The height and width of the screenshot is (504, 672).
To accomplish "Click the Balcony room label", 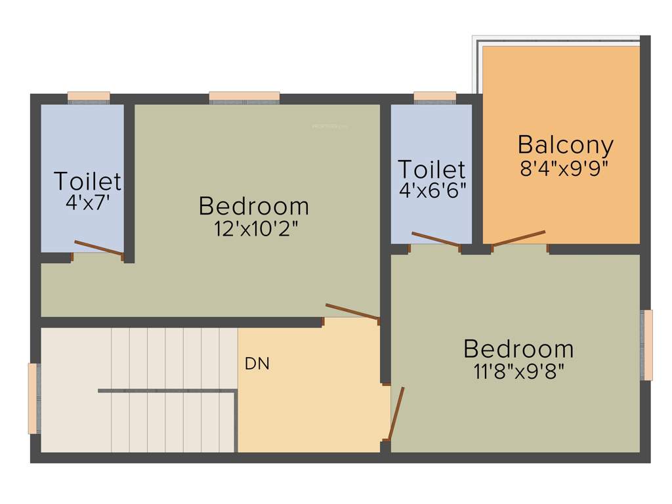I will click(x=565, y=145).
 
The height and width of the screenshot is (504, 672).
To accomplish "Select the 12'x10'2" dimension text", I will click(x=254, y=228).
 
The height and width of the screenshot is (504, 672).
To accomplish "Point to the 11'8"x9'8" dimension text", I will click(x=518, y=371).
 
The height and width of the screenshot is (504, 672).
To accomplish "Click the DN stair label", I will click(x=257, y=364).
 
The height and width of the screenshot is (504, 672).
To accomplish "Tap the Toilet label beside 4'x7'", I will click(x=87, y=181).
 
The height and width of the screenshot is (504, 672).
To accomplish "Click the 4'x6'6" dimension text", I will click(x=432, y=190).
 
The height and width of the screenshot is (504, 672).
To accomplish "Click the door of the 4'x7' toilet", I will click(x=98, y=248).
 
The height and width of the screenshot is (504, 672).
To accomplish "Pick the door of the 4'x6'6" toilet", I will click(x=435, y=240).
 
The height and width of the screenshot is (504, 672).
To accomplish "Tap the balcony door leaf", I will click(x=518, y=238).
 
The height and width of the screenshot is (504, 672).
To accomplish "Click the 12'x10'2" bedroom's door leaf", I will click(x=352, y=312).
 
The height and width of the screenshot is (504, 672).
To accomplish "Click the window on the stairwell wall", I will click(x=33, y=398).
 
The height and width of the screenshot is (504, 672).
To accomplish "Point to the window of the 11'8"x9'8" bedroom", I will click(x=648, y=345).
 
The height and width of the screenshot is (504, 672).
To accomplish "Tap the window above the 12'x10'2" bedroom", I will click(x=244, y=97).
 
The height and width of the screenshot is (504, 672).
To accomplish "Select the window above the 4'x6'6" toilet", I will click(x=434, y=97).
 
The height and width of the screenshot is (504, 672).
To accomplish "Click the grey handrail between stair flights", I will click(x=167, y=391).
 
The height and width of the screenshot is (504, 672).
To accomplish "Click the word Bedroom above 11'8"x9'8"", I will click(x=518, y=349).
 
